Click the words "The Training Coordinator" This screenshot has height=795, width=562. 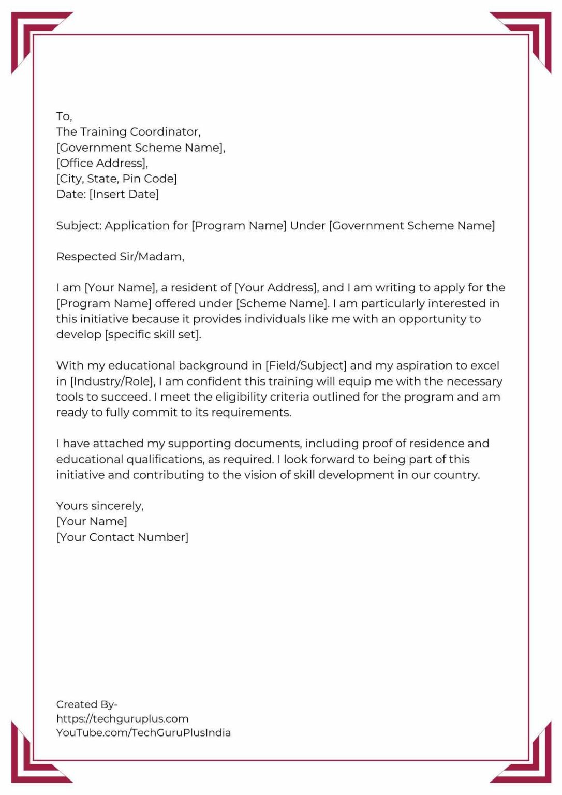pos(128,132)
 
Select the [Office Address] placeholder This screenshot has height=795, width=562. pos(102,163)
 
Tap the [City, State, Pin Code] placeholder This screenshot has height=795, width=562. pos(116,179)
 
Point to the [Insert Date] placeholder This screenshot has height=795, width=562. pos(124,194)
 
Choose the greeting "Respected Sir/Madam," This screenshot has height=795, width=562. pos(120,257)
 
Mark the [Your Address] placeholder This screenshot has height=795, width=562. pos(276,288)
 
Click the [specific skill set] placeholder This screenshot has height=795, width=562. pos(153,334)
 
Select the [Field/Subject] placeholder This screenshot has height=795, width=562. pos(306,365)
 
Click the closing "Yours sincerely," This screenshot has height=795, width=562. pos(100,506)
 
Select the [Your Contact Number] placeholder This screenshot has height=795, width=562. pos(122,537)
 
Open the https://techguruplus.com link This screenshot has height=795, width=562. pos(122,718)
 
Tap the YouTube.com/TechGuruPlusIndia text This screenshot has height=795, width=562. pos(143,732)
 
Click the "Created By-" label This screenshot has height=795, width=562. pos(86,704)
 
